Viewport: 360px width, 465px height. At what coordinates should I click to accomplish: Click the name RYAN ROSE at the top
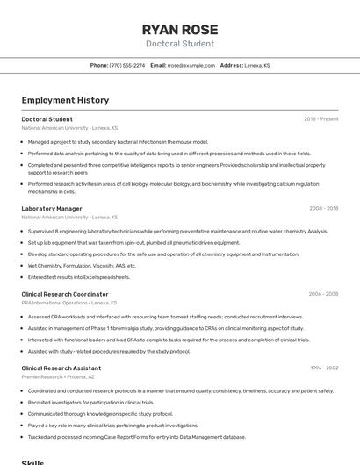pyautogui.click(x=179, y=29)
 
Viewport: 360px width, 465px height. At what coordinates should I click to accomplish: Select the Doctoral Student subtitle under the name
pyautogui.click(x=179, y=44)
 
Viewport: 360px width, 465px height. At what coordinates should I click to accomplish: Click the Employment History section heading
pyautogui.click(x=65, y=100)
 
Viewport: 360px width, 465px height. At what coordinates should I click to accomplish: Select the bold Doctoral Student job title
pyautogui.click(x=47, y=119)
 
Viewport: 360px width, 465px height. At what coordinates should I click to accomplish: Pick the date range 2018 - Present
pyautogui.click(x=321, y=119)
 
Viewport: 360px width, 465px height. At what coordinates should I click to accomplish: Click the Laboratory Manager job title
pyautogui.click(x=52, y=209)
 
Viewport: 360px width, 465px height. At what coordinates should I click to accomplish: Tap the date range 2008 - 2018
pyautogui.click(x=323, y=209)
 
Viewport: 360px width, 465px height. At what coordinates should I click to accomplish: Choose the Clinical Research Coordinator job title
pyautogui.click(x=65, y=294)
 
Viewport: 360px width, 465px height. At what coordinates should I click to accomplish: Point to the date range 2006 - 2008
pyautogui.click(x=323, y=294)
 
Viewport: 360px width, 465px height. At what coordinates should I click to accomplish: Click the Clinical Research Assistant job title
pyautogui.click(x=61, y=368)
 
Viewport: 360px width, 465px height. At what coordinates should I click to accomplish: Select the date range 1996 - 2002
pyautogui.click(x=324, y=368)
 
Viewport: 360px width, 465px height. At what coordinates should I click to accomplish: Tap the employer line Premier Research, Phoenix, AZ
pyautogui.click(x=57, y=377)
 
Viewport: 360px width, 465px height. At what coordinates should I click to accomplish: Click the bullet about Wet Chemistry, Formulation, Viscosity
pyautogui.click(x=82, y=266)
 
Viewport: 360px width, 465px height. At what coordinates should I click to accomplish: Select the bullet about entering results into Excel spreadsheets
pyautogui.click(x=79, y=277)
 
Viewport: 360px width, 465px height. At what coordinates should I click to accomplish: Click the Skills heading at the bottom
pyautogui.click(x=32, y=461)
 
